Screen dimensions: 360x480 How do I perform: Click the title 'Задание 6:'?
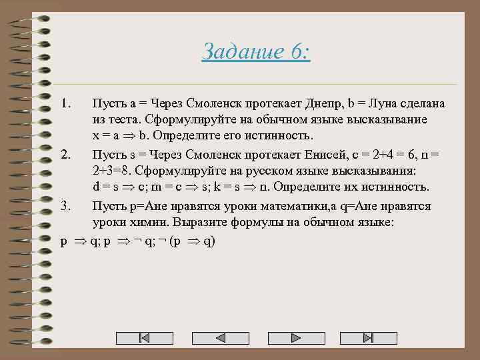(256, 51)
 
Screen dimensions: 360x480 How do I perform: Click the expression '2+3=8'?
(111, 169)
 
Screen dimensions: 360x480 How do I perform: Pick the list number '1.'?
(65, 104)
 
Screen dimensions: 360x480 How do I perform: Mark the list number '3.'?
(65, 207)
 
